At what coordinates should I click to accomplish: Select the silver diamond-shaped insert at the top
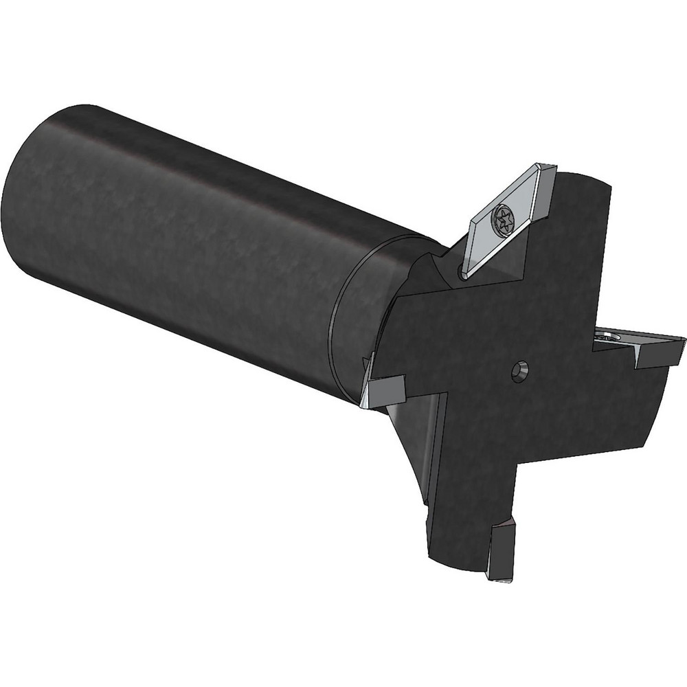[x=512, y=223]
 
